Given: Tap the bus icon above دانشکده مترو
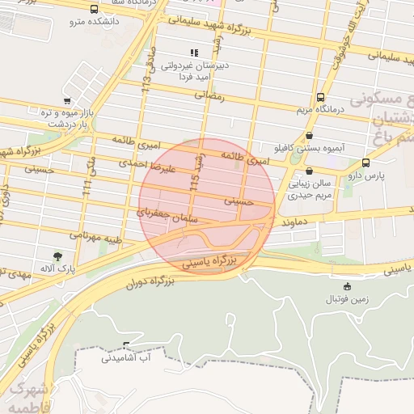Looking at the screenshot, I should [x=95, y=10].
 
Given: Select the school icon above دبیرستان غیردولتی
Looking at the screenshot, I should [x=193, y=53].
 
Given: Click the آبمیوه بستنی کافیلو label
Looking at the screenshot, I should [x=309, y=150].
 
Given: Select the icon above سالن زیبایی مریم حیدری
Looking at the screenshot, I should [x=310, y=171].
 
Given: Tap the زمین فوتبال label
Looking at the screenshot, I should [x=347, y=298].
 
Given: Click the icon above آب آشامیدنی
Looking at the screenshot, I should [x=125, y=344].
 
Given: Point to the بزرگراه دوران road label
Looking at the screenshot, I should [x=151, y=282].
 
